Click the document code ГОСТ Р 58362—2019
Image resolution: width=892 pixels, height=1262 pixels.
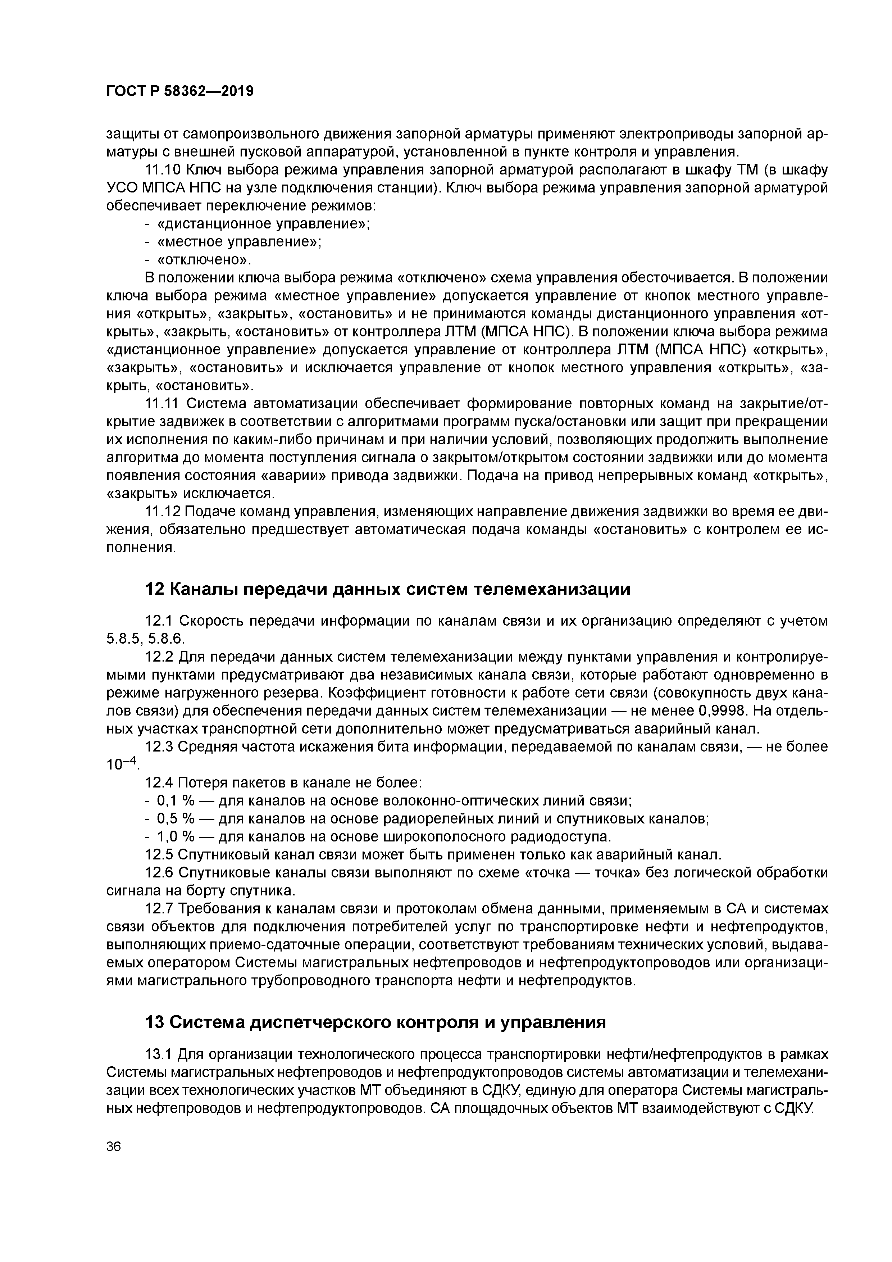[180, 91]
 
